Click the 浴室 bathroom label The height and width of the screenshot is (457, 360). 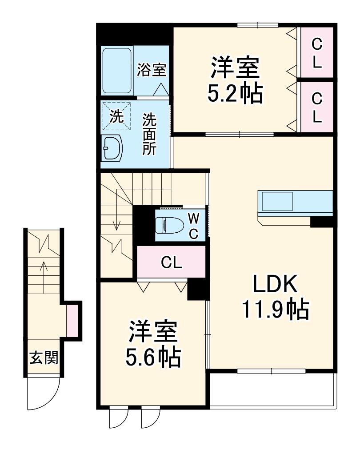click(x=152, y=70)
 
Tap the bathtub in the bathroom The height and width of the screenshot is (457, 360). click(x=117, y=71)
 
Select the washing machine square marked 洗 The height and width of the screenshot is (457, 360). click(x=117, y=116)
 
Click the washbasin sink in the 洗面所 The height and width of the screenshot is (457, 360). click(x=113, y=147)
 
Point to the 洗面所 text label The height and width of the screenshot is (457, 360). click(x=149, y=134)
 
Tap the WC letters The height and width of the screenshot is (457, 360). click(x=194, y=226)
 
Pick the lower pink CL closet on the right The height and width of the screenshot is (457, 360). click(x=316, y=107)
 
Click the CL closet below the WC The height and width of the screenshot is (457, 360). click(x=172, y=263)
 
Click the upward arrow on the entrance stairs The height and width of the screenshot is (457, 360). click(x=44, y=275)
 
